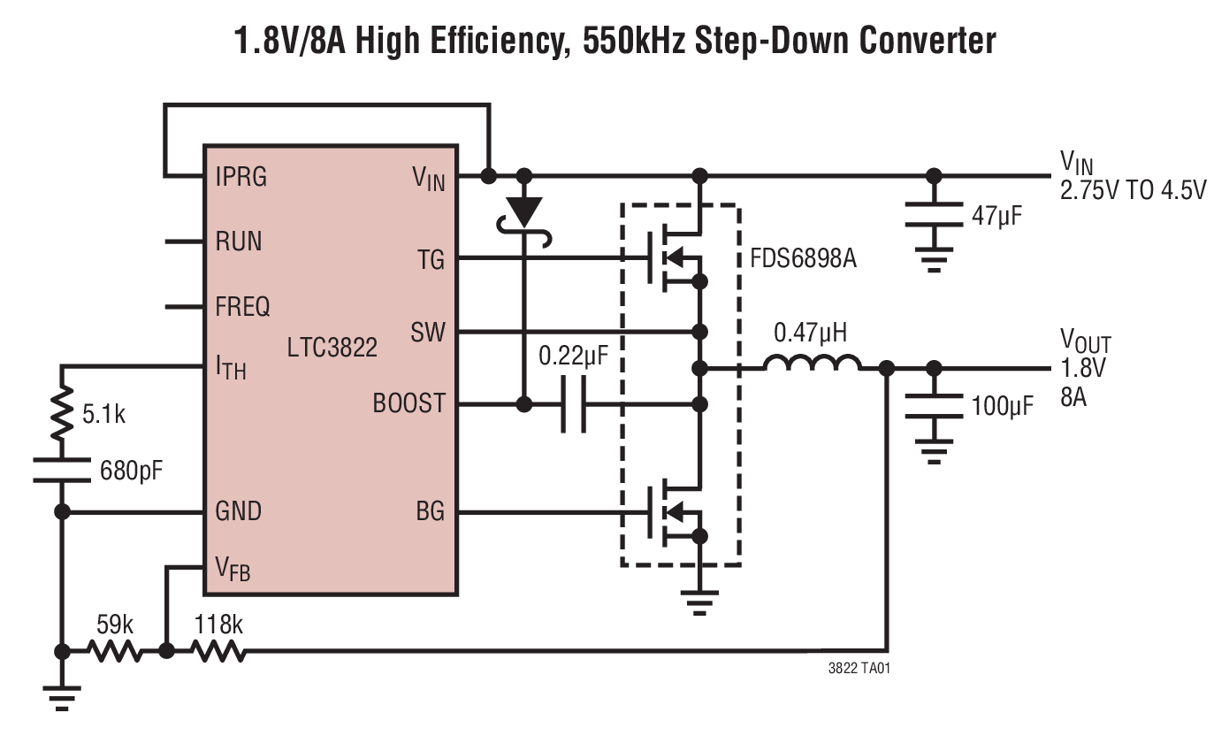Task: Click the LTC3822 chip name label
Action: pos(332,347)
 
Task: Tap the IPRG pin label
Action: pos(240,177)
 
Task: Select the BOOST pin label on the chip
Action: pos(408,403)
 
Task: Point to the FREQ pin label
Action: pos(242,308)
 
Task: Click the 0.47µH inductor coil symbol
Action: pos(813,365)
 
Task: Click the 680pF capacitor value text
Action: pos(131,468)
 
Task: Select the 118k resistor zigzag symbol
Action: pos(218,652)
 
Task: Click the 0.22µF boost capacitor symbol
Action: pos(573,405)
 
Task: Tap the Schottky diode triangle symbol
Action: pos(526,211)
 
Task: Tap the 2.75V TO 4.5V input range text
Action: pos(1133,190)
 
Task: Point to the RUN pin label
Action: pos(239,241)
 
